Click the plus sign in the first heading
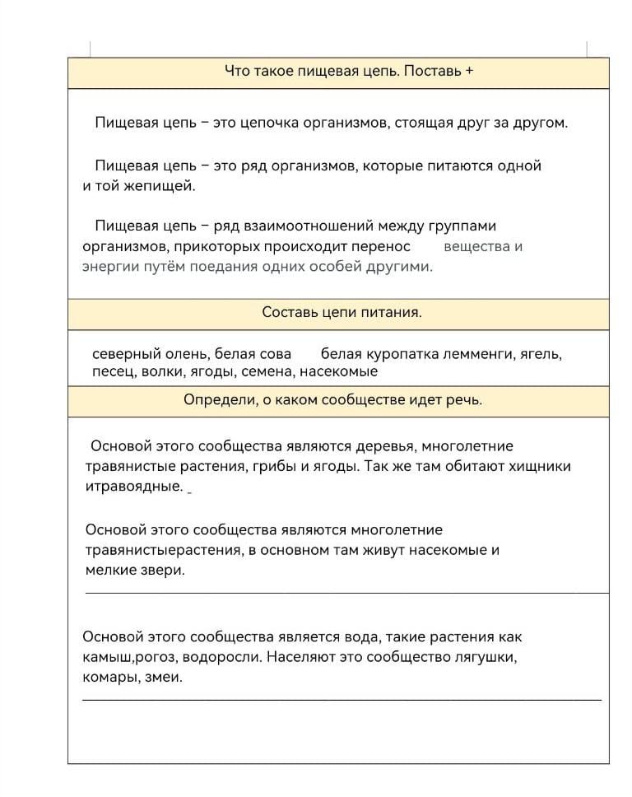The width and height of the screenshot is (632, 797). (469, 71)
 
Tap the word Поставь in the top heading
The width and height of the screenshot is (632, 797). (434, 71)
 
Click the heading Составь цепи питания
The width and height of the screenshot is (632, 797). (342, 313)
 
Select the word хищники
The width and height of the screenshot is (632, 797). (538, 467)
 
